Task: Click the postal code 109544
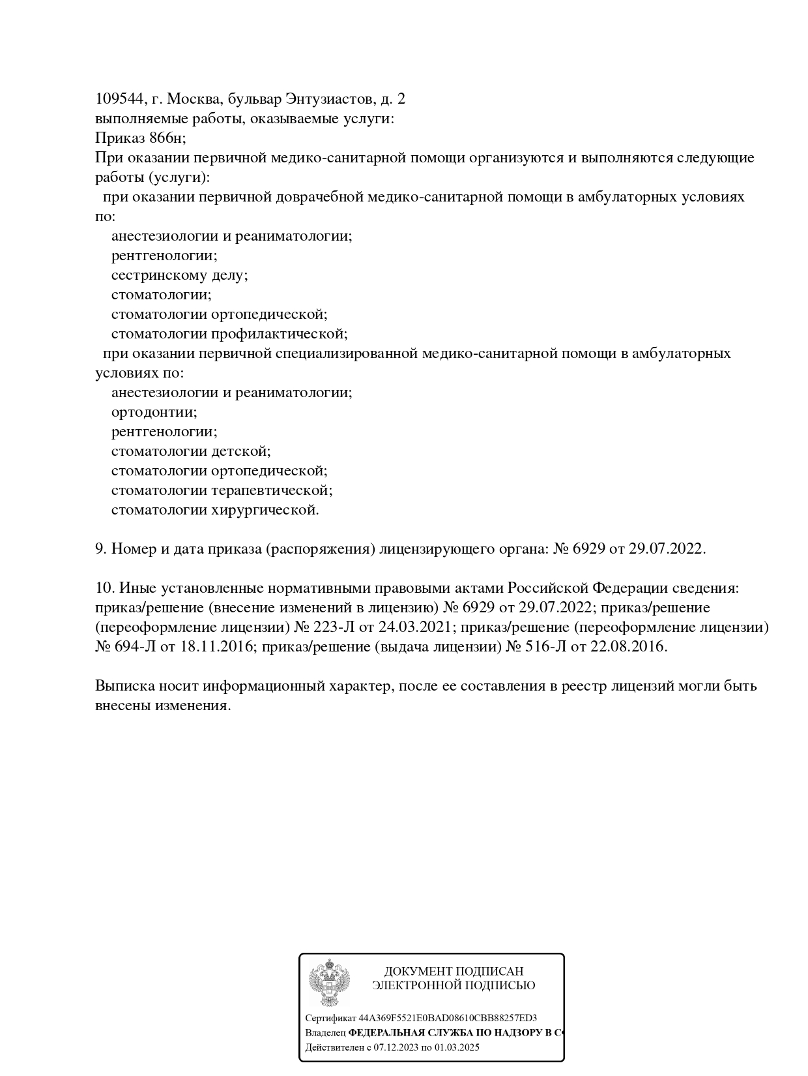click(x=119, y=99)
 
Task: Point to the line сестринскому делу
click(x=179, y=275)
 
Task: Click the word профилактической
click(x=280, y=334)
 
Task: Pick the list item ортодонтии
click(x=154, y=412)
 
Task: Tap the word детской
click(x=241, y=451)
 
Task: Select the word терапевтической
click(x=272, y=490)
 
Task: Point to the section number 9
click(x=100, y=549)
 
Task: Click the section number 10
click(x=104, y=588)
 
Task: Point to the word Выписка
click(x=123, y=686)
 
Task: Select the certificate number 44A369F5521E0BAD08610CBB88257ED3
click(x=448, y=1018)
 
